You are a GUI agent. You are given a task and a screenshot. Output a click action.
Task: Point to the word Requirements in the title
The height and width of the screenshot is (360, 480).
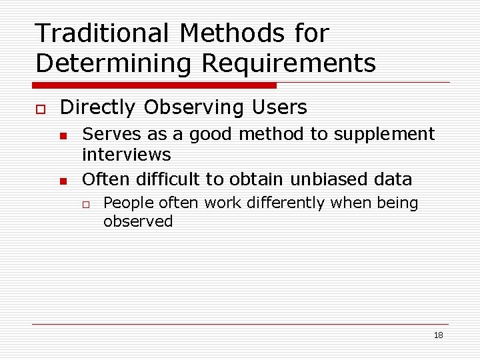pos(288,63)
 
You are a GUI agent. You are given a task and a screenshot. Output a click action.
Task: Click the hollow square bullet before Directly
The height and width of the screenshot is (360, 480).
pos(40,108)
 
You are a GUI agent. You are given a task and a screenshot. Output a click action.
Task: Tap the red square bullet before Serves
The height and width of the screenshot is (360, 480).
pos(63,136)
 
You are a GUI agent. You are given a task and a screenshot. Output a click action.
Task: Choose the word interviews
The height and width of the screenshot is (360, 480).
pos(126,155)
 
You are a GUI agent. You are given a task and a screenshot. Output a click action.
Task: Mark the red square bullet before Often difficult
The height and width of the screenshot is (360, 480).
pos(63,181)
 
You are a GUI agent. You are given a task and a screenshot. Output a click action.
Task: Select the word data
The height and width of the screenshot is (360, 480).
pos(394,179)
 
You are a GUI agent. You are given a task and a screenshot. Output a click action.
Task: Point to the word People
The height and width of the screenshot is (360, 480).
pos(127,203)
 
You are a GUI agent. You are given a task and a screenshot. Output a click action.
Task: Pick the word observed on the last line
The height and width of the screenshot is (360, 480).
pos(138,221)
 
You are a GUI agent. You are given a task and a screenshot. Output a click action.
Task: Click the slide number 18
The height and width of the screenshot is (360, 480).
pos(438,335)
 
